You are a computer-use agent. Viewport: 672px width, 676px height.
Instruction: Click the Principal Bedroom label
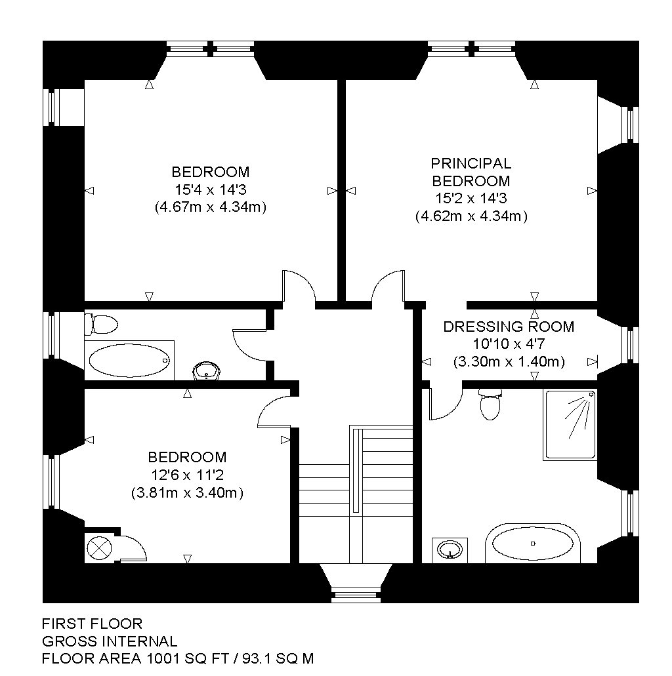pyautogui.click(x=471, y=172)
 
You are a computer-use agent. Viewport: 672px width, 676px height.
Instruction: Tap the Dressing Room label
pyautogui.click(x=509, y=327)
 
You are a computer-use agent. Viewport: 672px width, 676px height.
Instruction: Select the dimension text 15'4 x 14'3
pyautogui.click(x=211, y=189)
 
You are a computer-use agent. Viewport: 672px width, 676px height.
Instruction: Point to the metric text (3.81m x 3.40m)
pyautogui.click(x=187, y=492)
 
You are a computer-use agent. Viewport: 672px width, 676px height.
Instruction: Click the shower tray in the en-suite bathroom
pyautogui.click(x=570, y=425)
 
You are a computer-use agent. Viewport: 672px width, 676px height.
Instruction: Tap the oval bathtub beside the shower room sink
pyautogui.click(x=533, y=544)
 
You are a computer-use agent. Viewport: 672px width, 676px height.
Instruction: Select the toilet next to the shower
pyautogui.click(x=490, y=404)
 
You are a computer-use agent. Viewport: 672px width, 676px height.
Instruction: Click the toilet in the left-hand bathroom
pyautogui.click(x=101, y=324)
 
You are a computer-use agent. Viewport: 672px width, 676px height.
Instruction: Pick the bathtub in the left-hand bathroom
pyautogui.click(x=129, y=361)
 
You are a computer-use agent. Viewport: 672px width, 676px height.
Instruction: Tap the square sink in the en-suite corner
pyautogui.click(x=450, y=550)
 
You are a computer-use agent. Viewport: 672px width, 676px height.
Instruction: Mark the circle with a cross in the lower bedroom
pyautogui.click(x=99, y=548)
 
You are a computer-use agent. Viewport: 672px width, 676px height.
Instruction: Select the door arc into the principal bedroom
pyautogui.click(x=388, y=285)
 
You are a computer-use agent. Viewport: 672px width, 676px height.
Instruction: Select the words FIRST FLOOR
pyautogui.click(x=92, y=624)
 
